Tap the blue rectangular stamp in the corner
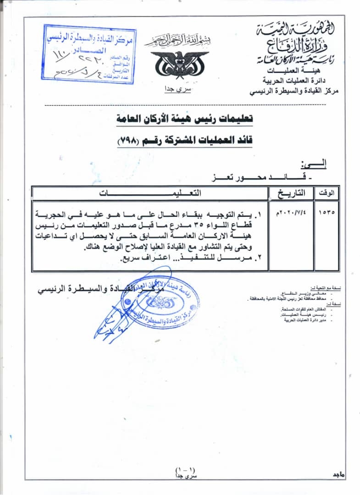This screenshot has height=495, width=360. click(90, 53)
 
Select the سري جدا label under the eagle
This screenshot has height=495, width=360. click(178, 89)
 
